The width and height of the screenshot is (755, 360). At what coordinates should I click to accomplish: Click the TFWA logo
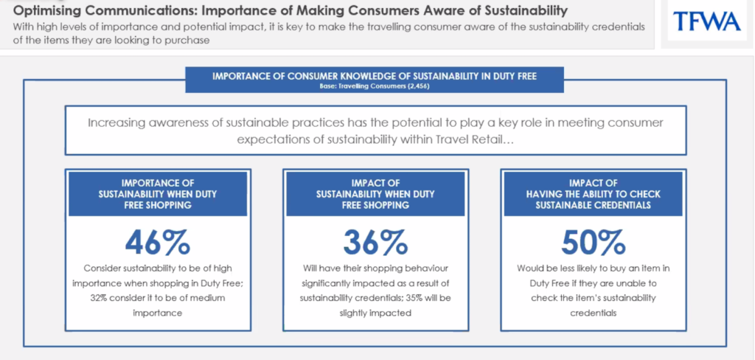pos(707,21)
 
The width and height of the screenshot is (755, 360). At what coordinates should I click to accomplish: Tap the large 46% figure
pos(158,243)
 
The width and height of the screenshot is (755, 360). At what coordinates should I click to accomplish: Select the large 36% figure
pos(375,243)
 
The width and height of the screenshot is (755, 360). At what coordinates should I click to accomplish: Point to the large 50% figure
pos(594,243)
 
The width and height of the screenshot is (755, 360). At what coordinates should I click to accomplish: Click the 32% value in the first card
pos(99,298)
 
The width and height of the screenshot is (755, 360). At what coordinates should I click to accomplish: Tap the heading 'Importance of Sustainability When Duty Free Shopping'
pos(158,194)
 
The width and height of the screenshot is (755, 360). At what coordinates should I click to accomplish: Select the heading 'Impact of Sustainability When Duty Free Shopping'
pos(375,194)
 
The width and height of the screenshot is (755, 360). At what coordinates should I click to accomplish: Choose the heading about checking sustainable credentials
pos(594,194)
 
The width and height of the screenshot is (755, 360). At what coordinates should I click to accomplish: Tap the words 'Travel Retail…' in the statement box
pos(473,139)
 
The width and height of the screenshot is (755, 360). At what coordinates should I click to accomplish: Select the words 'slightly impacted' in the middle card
pos(375,314)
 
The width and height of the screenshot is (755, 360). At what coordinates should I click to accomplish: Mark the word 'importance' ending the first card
pos(158,314)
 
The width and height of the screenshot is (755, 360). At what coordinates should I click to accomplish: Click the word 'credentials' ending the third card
pos(594,314)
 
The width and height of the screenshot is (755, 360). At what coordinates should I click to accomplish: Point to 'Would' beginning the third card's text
pos(529,269)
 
